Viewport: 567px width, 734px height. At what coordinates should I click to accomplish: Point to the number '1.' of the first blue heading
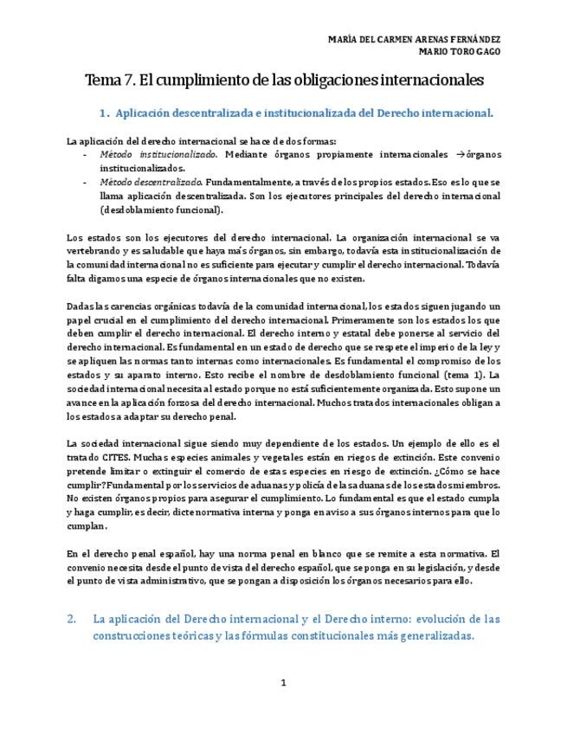pos(104,113)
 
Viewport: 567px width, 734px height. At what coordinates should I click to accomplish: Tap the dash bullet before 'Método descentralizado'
pos(85,183)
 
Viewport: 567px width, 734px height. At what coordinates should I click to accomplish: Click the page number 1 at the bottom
pos(283,683)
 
